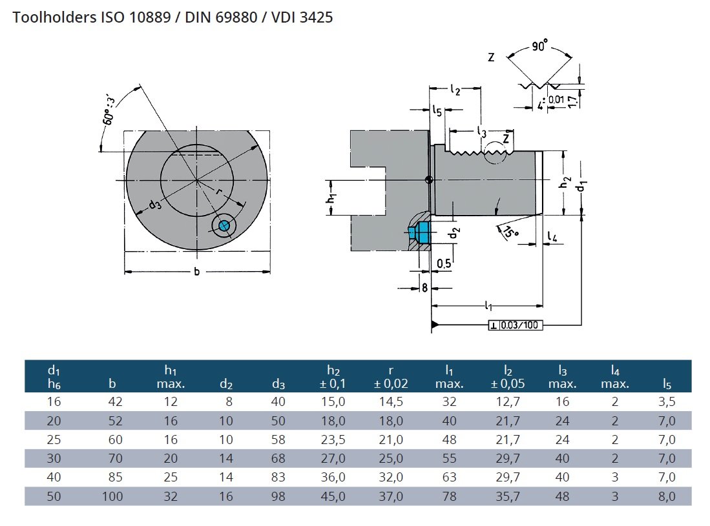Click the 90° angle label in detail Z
(539, 47)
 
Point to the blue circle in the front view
(224, 225)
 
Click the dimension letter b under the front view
(196, 272)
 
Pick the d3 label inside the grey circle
(154, 205)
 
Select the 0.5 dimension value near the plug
(444, 263)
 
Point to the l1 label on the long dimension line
(488, 305)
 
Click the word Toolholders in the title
(53, 17)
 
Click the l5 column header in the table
(667, 385)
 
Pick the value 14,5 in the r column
(391, 401)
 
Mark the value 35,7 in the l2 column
(506, 496)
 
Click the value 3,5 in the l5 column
(667, 401)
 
